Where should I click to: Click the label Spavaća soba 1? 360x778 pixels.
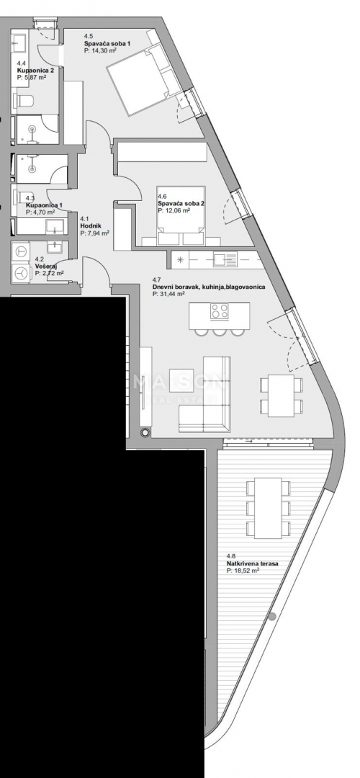coord(107,43)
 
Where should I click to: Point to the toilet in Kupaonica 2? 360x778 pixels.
coord(24,100)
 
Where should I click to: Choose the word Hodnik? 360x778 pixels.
coord(91,225)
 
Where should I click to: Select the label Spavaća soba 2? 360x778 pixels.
coord(181,204)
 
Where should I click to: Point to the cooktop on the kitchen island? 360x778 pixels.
coord(219,311)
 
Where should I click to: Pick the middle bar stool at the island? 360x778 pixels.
coord(219,331)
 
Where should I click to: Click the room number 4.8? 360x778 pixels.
coord(230,555)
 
